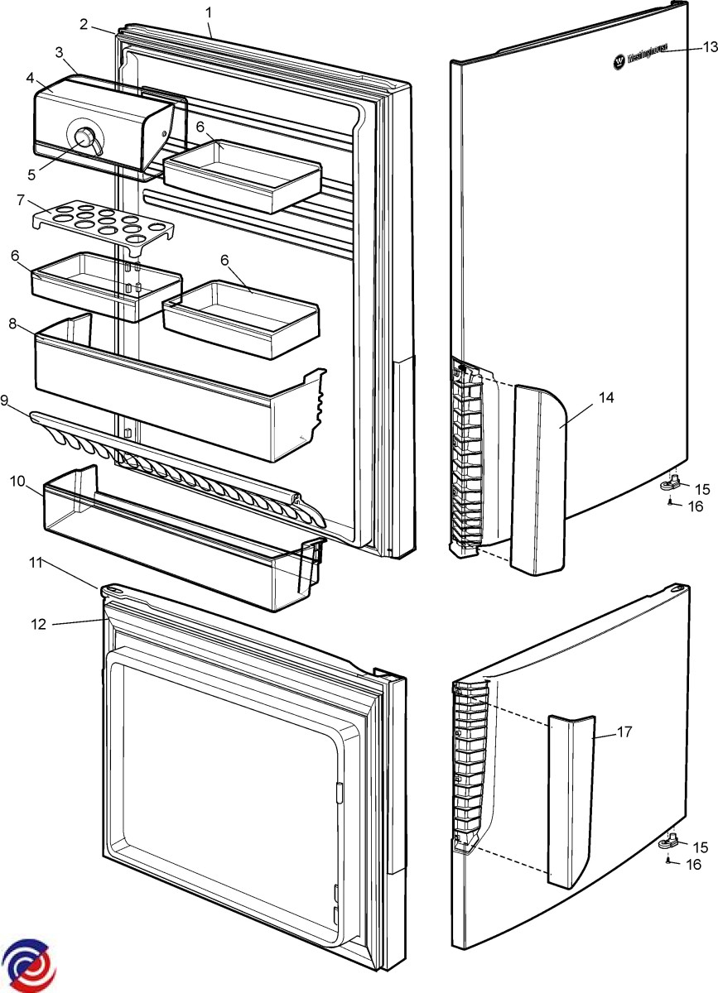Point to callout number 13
705,47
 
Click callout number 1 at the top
209,12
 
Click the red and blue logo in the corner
29,965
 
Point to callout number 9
5,401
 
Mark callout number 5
32,175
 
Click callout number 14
606,398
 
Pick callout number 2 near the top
84,23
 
